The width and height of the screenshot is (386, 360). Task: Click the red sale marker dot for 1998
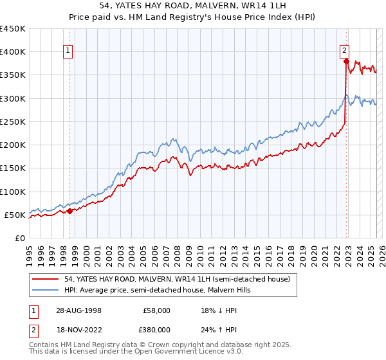click(x=70, y=211)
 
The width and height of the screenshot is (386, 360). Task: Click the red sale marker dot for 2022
click(x=346, y=62)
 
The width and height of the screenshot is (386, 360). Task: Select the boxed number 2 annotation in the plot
click(x=345, y=50)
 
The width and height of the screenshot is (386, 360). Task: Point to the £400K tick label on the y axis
click(x=13, y=52)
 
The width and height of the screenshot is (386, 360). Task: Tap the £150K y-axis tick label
click(x=13, y=168)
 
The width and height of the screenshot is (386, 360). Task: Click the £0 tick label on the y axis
click(x=19, y=239)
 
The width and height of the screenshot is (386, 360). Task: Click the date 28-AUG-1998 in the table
click(x=77, y=310)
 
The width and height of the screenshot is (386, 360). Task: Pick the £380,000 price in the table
click(x=157, y=329)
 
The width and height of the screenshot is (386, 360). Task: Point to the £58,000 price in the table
click(x=157, y=310)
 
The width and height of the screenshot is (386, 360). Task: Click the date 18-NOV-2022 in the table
click(x=77, y=329)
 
